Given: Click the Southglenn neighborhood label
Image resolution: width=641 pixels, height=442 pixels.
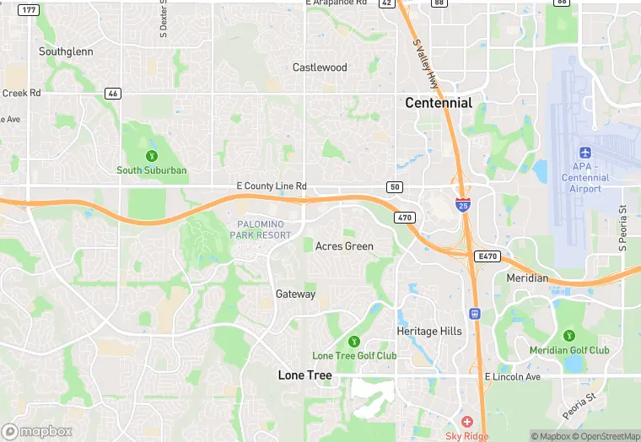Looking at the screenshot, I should click(64, 51).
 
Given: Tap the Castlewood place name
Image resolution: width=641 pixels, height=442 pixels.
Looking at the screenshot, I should click(320, 67).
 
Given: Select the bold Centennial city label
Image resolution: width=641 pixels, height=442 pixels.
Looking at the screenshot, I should click(439, 103).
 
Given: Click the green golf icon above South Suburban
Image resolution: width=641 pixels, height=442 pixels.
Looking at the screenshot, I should click(152, 155).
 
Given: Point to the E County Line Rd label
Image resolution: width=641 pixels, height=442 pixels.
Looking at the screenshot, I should click(272, 186).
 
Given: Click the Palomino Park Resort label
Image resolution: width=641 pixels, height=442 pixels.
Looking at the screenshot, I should click(260, 229).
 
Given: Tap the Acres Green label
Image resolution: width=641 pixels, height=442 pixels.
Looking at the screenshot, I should click(344, 246).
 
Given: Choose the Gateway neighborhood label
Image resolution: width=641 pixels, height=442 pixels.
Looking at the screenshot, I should click(295, 294).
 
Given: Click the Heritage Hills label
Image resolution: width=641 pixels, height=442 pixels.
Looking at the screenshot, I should click(429, 331).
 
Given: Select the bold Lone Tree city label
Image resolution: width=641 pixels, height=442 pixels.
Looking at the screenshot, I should click(305, 375).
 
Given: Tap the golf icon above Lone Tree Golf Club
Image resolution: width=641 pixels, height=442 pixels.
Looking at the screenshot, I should click(354, 341).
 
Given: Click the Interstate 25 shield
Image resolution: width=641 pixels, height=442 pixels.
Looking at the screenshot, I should click(463, 204).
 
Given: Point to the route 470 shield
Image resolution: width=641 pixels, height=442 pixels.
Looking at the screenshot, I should click(404, 218).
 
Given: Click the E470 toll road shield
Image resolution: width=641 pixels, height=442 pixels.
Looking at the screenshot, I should click(487, 255).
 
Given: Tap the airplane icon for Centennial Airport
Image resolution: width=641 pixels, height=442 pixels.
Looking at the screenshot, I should click(585, 152).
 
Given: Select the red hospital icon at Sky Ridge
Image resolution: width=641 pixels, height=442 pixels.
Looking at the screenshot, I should click(466, 421).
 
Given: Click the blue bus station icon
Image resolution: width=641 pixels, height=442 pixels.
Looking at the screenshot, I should click(475, 313).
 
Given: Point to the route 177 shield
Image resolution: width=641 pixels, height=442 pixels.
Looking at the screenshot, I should click(29, 9).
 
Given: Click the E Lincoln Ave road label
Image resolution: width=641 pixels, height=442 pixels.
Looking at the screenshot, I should click(512, 376).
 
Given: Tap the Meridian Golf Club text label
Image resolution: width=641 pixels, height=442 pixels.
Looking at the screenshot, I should click(568, 350).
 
